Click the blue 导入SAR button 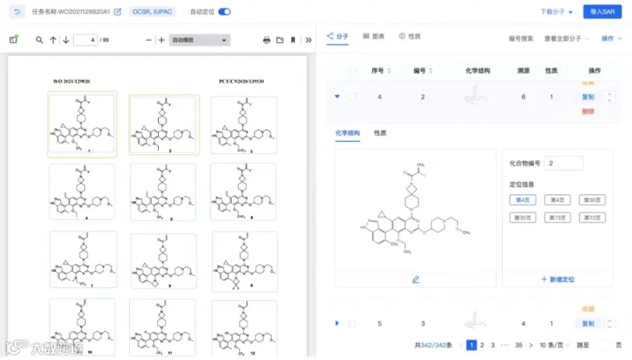coord(602,12)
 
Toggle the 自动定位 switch coord(225,12)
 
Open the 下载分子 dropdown coord(556,12)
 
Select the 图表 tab coord(374,36)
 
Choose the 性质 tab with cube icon coord(409,36)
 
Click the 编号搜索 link coord(520,39)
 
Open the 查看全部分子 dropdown coord(566,39)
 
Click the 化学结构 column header coord(478,70)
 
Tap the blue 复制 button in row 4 coord(588,97)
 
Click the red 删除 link coord(588,111)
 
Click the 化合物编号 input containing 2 coord(563,164)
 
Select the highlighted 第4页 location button coord(522,200)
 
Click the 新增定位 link coord(558,279)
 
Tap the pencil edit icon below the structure coord(415,279)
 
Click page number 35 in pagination coord(518,345)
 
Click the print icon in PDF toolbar coord(266,40)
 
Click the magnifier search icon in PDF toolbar coord(39,40)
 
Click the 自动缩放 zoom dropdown coord(200,40)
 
